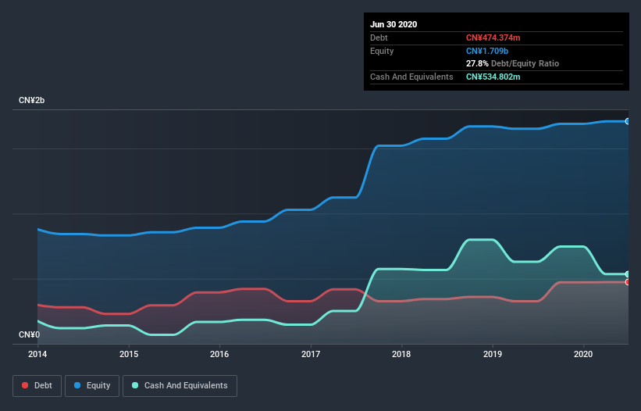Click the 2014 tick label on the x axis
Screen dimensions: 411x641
tap(37, 354)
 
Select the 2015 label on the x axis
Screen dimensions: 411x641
tap(129, 354)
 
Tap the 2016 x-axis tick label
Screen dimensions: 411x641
tap(219, 354)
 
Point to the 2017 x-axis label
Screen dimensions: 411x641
tap(311, 354)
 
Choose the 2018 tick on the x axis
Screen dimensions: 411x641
tap(401, 354)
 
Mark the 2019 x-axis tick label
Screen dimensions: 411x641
tap(493, 354)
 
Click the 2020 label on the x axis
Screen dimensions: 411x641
tap(583, 354)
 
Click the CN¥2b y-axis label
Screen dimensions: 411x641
tap(34, 101)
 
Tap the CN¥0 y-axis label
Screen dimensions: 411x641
tap(30, 335)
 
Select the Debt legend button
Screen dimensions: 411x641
tap(36, 385)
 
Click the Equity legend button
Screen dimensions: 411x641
tap(93, 385)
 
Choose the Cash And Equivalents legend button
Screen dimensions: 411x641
tap(180, 385)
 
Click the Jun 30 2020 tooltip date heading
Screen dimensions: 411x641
tap(394, 24)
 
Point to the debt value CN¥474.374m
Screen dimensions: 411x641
tap(493, 38)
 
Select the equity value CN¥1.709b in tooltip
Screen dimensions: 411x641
tap(487, 51)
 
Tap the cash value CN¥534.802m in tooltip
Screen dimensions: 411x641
tap(493, 77)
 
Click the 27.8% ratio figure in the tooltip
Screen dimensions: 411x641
tap(477, 63)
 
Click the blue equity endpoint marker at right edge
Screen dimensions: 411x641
tap(627, 121)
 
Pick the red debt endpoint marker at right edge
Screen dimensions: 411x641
tap(627, 282)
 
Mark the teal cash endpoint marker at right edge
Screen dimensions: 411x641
tap(627, 274)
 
